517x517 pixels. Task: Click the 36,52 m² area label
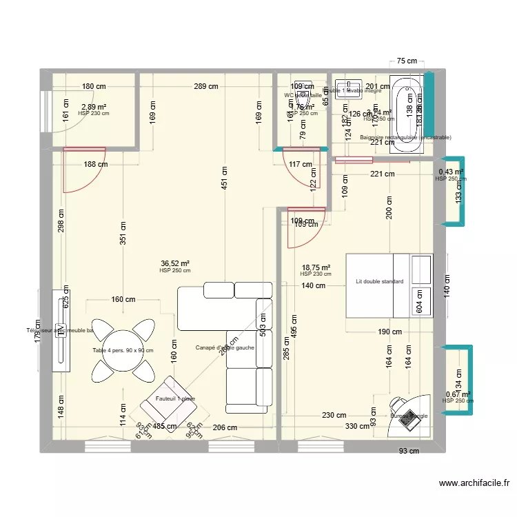click(175, 263)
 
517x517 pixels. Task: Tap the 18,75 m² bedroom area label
click(316, 267)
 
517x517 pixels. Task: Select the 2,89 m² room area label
click(94, 107)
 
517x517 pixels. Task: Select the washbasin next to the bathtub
click(345, 90)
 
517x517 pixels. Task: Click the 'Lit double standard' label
click(379, 281)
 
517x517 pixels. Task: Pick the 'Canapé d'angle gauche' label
click(225, 347)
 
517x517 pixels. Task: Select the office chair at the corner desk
click(398, 403)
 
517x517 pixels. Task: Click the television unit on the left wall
click(61, 332)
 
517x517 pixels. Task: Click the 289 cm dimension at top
click(206, 87)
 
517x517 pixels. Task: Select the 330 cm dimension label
click(357, 427)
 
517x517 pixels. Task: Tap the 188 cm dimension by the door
click(97, 164)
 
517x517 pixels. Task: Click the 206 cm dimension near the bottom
click(224, 427)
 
